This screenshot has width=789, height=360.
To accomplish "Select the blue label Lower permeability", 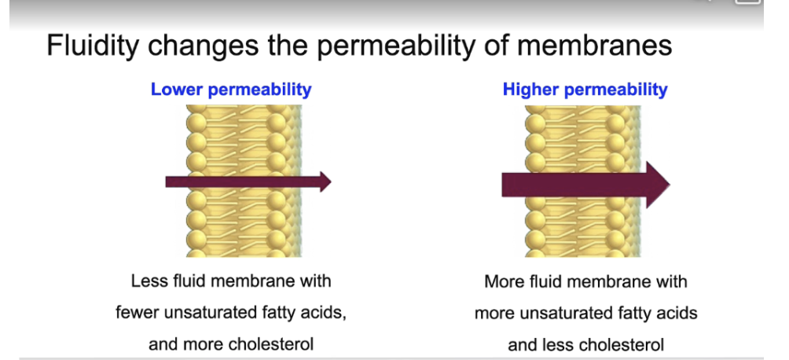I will (231, 89).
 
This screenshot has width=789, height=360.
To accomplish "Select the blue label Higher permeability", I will (585, 89).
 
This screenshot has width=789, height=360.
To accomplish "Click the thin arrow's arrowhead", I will (323, 182).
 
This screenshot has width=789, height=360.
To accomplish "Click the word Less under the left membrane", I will (148, 281).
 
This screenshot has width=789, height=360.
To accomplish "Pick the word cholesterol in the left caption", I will (270, 343).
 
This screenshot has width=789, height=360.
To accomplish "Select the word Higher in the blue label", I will (532, 89).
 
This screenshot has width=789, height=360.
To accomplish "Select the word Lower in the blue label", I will (176, 89).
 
